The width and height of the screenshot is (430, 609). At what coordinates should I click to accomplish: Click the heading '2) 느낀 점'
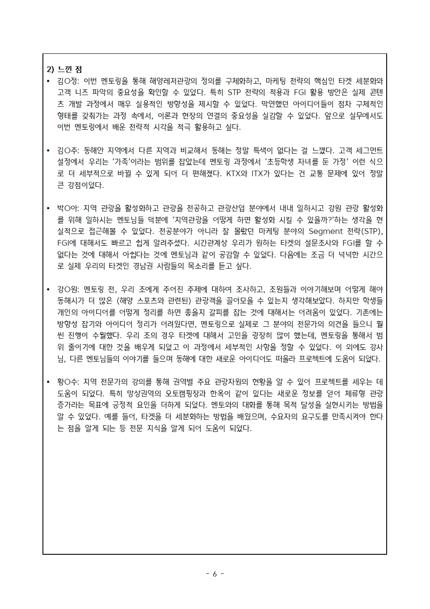[64, 69]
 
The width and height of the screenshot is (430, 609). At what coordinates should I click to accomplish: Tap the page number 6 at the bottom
[215, 574]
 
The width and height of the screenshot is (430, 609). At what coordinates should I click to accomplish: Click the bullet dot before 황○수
[49, 382]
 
